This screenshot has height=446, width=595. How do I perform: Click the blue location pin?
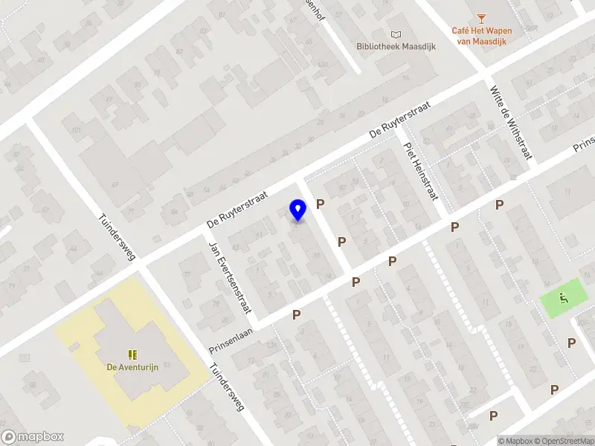click(297, 210)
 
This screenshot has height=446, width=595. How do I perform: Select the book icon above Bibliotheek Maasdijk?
click(396, 33)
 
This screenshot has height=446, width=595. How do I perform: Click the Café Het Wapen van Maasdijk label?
click(480, 36)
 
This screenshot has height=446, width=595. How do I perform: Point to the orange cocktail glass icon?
click(480, 16)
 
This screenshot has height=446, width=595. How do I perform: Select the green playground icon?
click(563, 300)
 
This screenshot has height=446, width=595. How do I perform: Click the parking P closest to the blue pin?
click(321, 204)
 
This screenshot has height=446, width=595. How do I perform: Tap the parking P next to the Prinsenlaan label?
click(296, 314)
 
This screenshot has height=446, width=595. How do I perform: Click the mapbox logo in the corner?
click(33, 437)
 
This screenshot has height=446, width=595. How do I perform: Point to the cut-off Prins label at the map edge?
click(583, 143)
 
